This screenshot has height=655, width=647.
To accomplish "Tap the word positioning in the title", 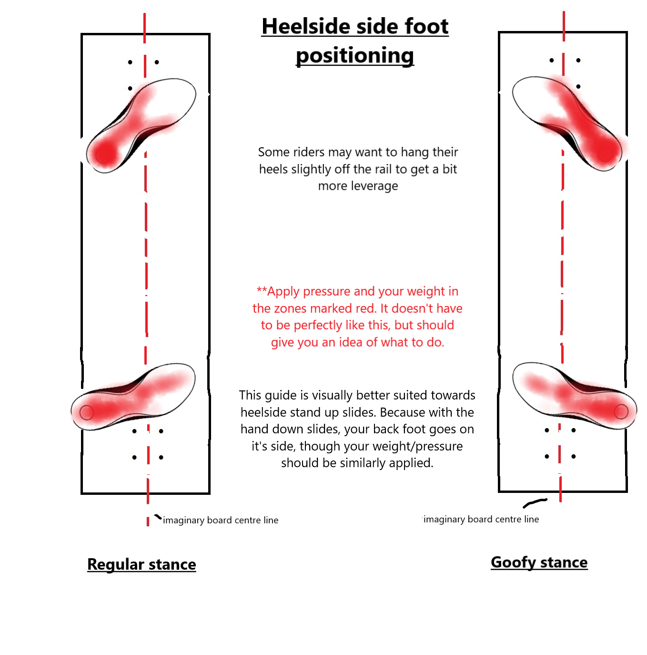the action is tap(355, 55).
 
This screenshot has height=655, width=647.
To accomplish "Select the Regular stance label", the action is tap(142, 564).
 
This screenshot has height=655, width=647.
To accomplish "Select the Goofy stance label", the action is tap(539, 563).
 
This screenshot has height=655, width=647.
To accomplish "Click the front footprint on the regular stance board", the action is tap(141, 126).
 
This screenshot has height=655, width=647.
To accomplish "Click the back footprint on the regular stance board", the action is tap(133, 397).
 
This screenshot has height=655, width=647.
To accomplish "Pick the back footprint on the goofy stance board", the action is tap(575, 396).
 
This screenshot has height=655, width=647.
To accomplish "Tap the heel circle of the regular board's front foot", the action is tap(103, 156).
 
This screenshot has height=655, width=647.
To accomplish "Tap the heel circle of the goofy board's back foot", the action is tap(621, 411).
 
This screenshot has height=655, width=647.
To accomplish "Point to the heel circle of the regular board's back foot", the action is tap(86, 413).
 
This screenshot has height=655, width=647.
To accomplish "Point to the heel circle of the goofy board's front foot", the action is tap(605, 154).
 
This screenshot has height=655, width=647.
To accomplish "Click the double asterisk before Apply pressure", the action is tap(262, 291).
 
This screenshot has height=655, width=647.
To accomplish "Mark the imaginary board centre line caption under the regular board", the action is tap(221, 520).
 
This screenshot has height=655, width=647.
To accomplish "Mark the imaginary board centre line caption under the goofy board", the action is tap(481, 519).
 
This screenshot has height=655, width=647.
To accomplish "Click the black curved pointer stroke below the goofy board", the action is tap(535, 503).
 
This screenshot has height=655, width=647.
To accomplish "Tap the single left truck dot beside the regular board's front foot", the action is tap(130, 88).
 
